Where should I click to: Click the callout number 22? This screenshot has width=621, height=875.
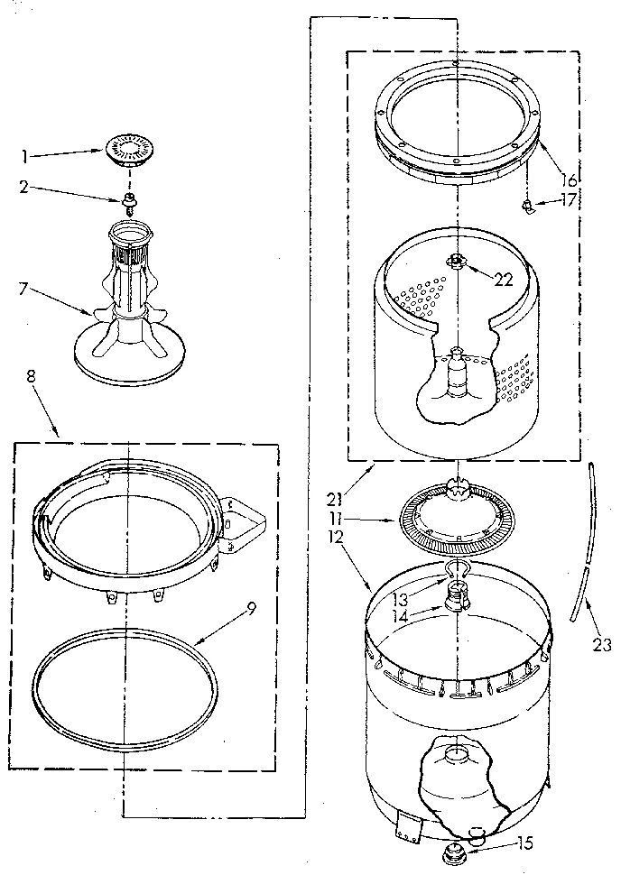(505, 280)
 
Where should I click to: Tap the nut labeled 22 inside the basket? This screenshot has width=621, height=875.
(458, 262)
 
